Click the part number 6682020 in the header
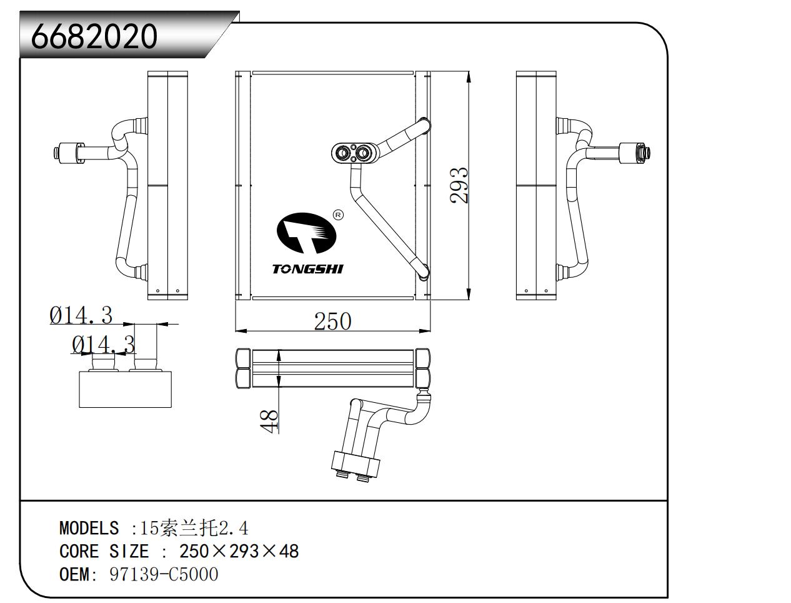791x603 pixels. click(x=94, y=36)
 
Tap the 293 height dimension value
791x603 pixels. click(x=459, y=185)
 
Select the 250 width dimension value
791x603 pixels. click(x=332, y=321)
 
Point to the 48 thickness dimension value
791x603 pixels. click(x=269, y=421)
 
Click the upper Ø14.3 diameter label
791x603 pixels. click(x=81, y=315)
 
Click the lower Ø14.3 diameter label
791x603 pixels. click(x=104, y=344)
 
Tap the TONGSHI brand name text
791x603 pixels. click(x=307, y=269)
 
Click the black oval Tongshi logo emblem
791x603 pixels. click(x=306, y=233)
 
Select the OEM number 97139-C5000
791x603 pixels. click(x=164, y=574)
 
